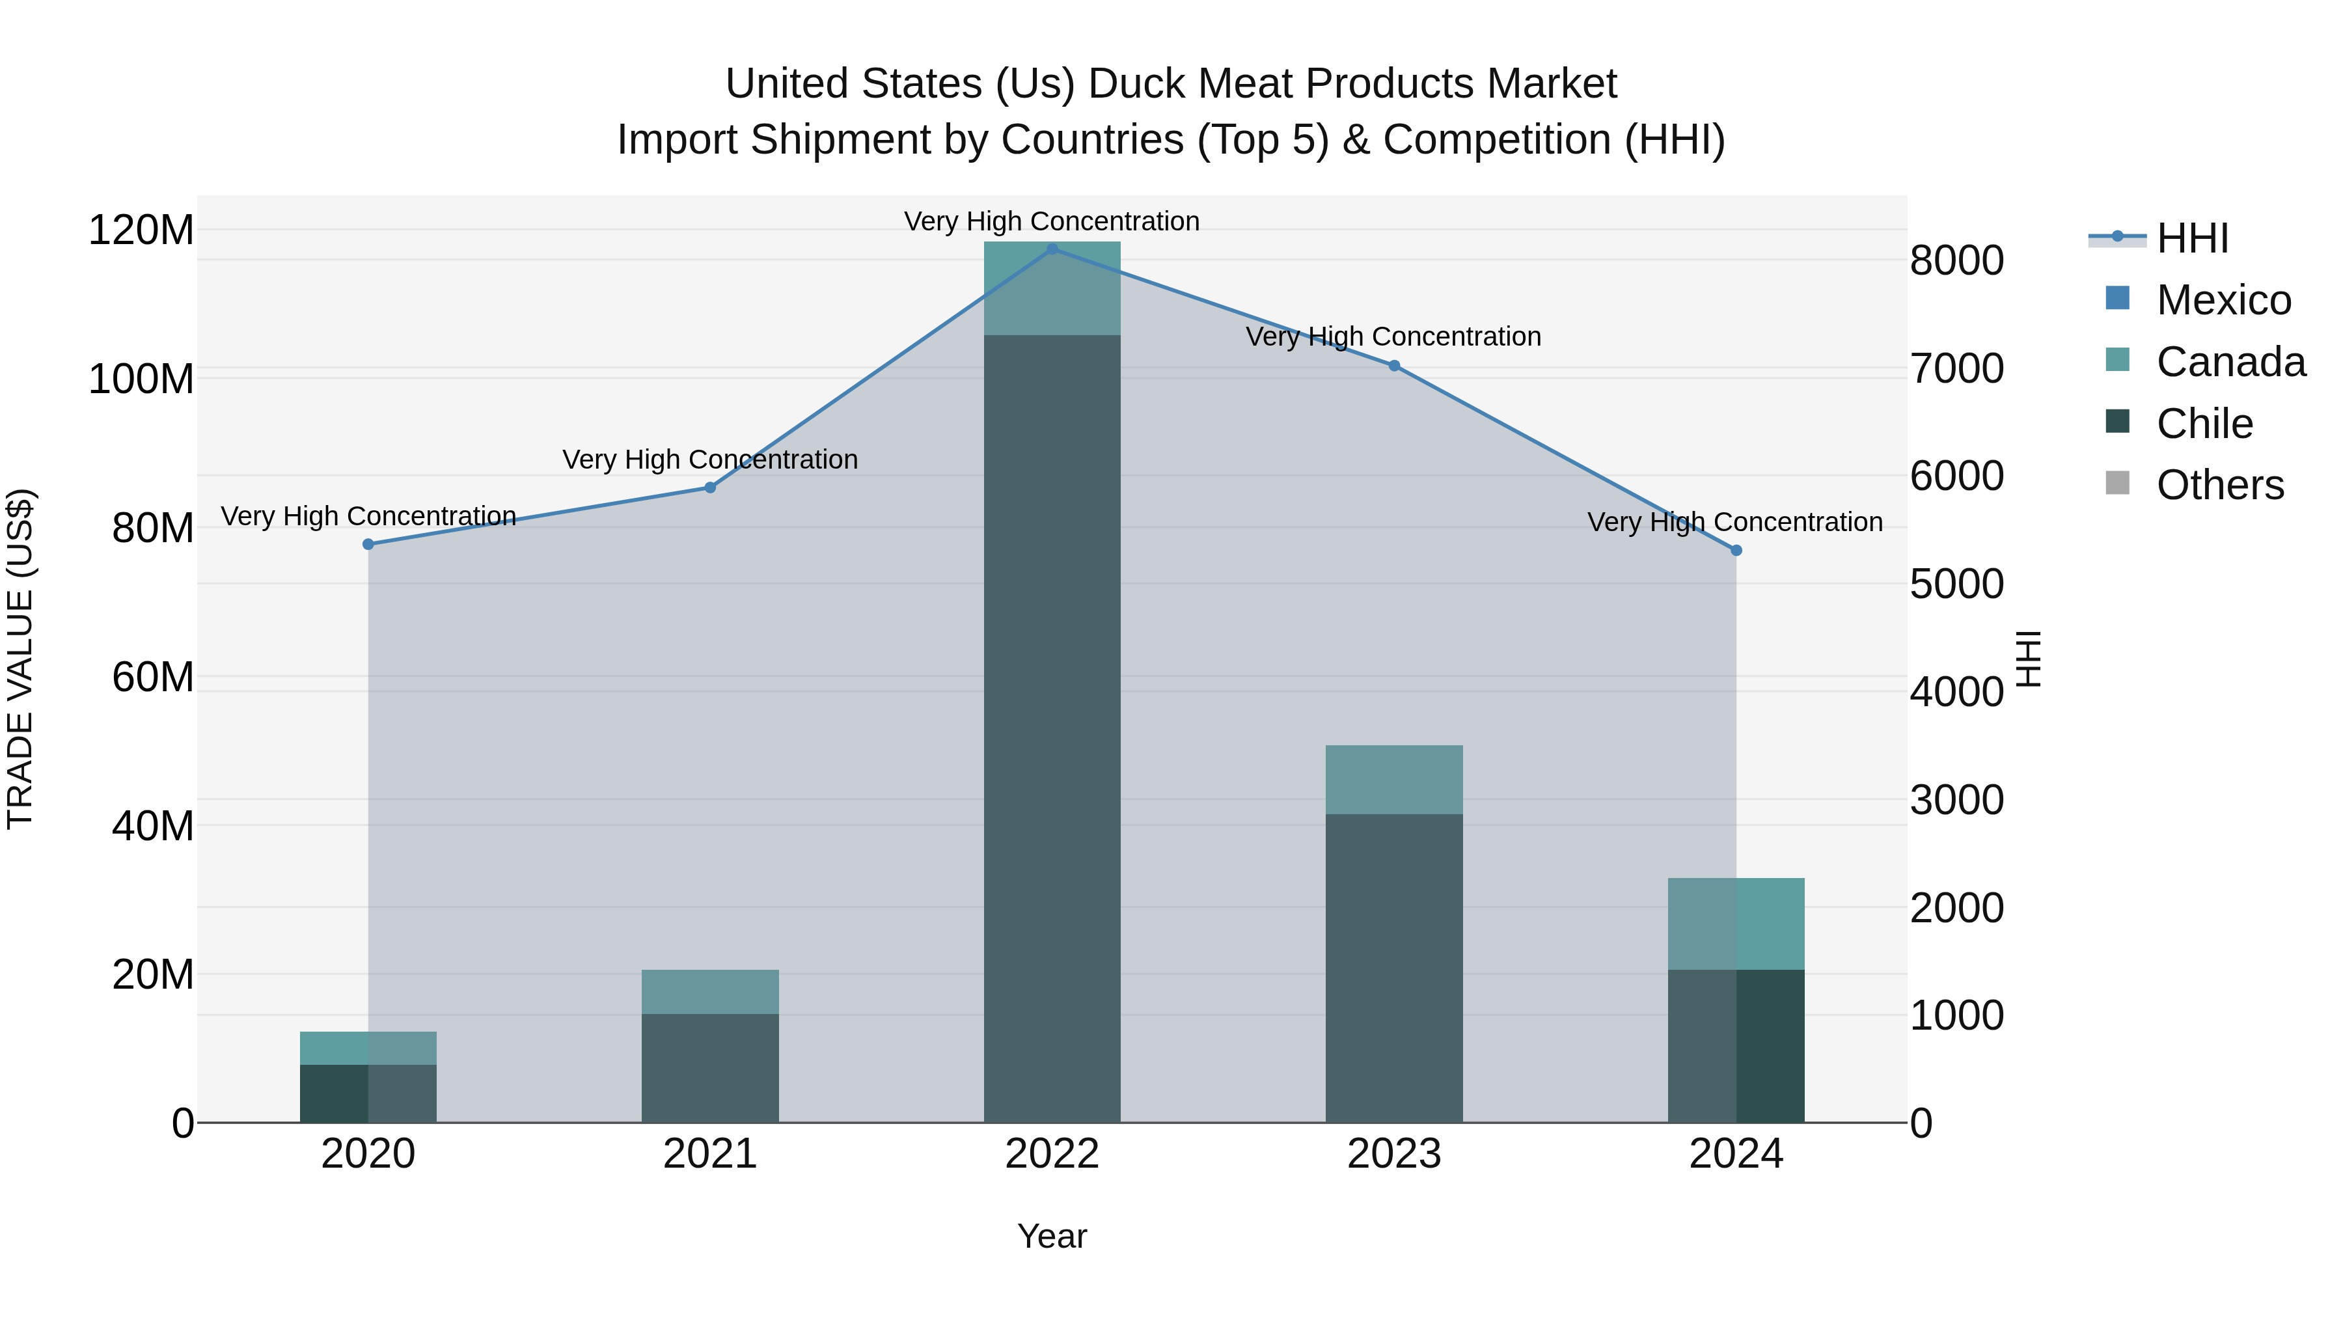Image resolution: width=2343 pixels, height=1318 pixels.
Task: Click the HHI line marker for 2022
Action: click(x=1052, y=249)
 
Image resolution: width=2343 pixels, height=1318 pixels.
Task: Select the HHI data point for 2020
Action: click(x=368, y=544)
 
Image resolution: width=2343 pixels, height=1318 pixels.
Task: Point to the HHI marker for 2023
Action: click(x=1394, y=366)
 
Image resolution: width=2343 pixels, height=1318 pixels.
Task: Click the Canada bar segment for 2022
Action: click(x=1052, y=288)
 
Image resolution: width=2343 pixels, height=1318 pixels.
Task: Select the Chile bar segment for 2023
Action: click(x=1394, y=968)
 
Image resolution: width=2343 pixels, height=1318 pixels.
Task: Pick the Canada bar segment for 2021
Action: click(x=710, y=991)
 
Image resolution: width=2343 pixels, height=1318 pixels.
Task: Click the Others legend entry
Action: click(x=2219, y=485)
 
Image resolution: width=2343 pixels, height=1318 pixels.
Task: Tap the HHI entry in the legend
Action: click(x=2191, y=238)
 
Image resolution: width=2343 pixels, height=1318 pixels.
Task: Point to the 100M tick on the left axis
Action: click(x=141, y=378)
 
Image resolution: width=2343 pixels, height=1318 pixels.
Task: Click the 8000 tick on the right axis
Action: click(x=1956, y=260)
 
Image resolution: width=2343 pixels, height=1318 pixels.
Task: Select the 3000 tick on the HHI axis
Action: click(x=1956, y=801)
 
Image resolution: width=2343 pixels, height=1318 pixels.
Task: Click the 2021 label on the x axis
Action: click(x=710, y=1154)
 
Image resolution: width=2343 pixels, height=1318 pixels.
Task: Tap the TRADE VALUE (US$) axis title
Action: click(x=20, y=659)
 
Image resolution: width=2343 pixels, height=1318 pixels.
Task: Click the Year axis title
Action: click(x=1052, y=1236)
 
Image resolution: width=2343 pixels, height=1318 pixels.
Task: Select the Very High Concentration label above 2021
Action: click(x=710, y=460)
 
